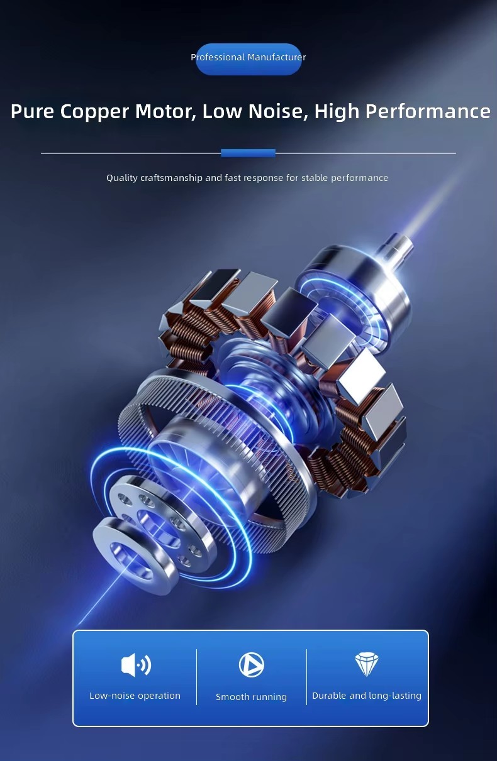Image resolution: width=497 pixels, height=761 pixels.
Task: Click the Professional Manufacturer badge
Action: click(x=248, y=59)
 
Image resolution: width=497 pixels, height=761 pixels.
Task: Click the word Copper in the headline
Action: click(x=94, y=112)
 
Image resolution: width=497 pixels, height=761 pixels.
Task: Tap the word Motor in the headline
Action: click(x=165, y=111)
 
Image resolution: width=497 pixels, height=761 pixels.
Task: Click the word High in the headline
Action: click(x=337, y=112)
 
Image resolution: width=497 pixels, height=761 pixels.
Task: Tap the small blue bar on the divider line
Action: click(x=248, y=153)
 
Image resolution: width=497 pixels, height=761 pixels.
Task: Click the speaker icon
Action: click(x=136, y=664)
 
